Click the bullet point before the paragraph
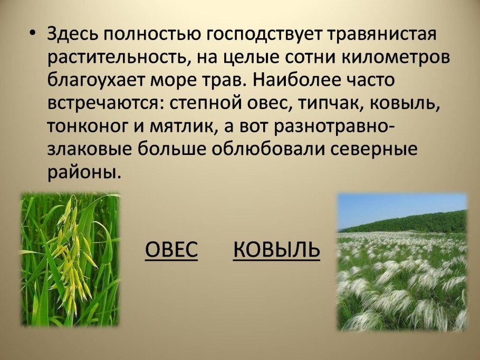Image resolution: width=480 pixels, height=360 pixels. (33, 33)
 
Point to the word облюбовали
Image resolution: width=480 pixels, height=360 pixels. (267, 150)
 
